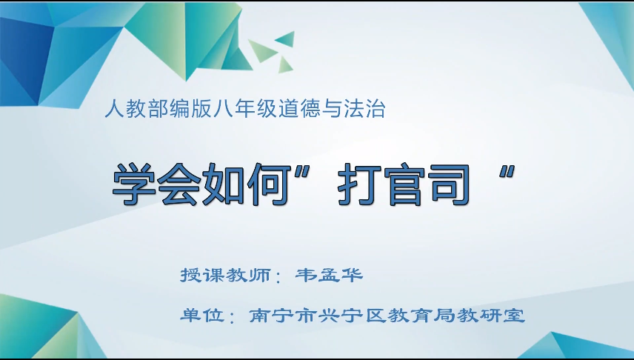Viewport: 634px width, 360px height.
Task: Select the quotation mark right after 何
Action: tap(307, 172)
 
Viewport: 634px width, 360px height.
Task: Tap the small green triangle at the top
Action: tap(285, 38)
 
